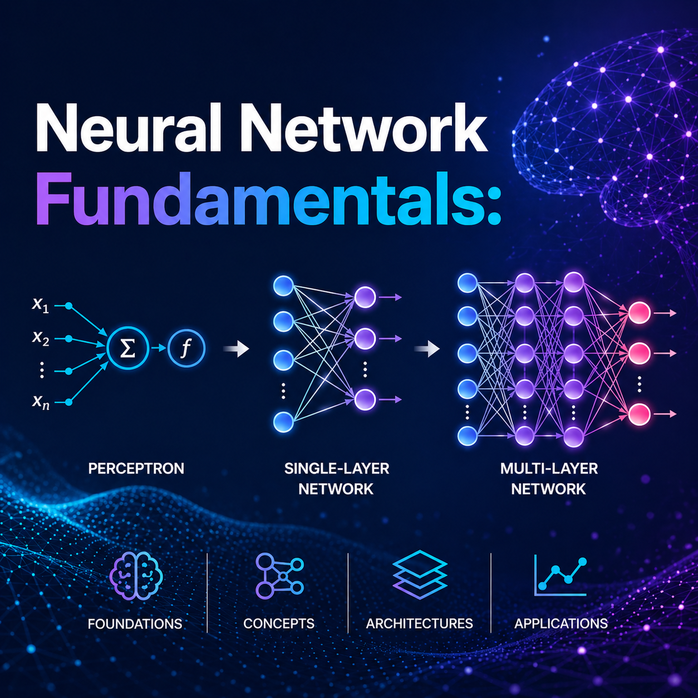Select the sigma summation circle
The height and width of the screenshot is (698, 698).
(x=127, y=349)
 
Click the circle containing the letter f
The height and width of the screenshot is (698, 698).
(x=186, y=349)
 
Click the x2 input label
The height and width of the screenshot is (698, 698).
(x=41, y=337)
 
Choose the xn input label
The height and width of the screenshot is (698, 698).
(x=41, y=401)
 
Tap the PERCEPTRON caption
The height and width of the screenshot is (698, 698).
(x=136, y=469)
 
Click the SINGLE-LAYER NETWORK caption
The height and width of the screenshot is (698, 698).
(x=336, y=479)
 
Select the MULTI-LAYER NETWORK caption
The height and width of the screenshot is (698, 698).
(x=549, y=479)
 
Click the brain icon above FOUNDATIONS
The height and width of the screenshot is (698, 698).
(x=136, y=576)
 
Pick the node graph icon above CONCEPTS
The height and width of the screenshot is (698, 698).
(x=279, y=575)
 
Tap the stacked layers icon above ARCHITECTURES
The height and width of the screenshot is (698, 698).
(x=420, y=573)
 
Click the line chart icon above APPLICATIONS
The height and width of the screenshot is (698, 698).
(x=561, y=575)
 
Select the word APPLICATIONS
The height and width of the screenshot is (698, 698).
(x=561, y=623)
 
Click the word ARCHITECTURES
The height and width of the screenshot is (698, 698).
(x=419, y=623)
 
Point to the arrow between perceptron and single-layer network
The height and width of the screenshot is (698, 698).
(x=237, y=350)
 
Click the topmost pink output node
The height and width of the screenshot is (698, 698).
(x=639, y=313)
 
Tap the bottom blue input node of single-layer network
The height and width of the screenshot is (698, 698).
(x=283, y=422)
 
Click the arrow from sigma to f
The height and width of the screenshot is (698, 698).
(x=158, y=349)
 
